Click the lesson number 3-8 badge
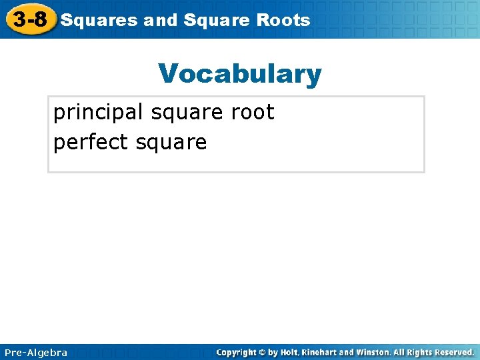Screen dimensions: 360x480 click(29, 19)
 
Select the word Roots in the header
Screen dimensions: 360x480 click(285, 20)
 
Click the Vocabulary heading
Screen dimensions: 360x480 click(240, 74)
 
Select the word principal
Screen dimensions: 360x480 click(99, 113)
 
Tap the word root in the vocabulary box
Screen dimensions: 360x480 click(252, 113)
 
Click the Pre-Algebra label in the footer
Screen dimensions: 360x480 click(35, 352)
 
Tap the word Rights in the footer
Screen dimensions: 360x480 click(423, 352)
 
